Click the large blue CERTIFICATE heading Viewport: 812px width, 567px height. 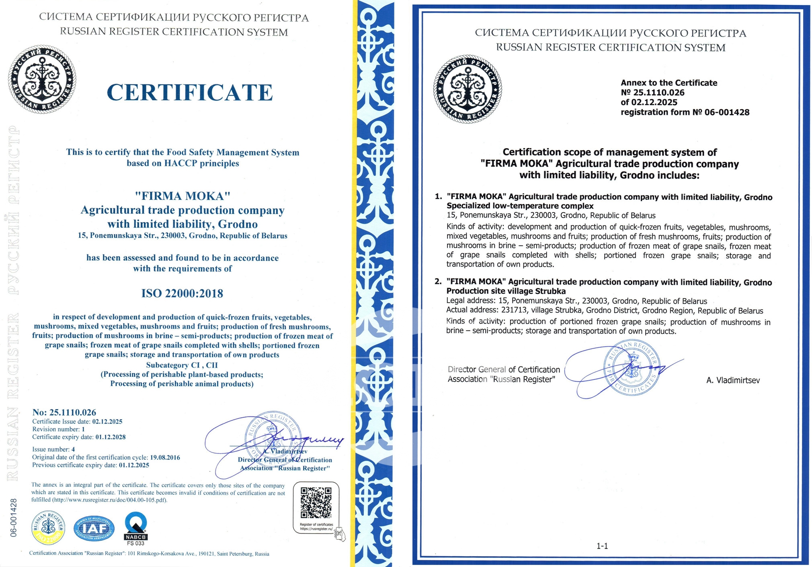190,93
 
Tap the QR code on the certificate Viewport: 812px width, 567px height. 316,502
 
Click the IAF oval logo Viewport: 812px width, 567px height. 94,529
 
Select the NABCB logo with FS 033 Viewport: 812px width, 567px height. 135,528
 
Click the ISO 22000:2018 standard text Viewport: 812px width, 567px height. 182,294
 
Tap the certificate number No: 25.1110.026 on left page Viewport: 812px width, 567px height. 64,412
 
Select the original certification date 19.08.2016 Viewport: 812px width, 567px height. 165,457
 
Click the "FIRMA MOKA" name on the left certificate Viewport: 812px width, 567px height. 182,196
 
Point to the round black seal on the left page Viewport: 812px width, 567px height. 42,79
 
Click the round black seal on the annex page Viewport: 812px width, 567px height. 468,89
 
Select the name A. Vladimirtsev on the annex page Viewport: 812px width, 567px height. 733,380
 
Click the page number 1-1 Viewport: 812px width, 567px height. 602,546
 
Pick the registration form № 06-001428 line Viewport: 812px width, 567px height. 685,112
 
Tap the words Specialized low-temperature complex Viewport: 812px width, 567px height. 520,206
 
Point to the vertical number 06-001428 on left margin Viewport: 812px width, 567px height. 14,518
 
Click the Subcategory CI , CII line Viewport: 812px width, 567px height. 182,365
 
